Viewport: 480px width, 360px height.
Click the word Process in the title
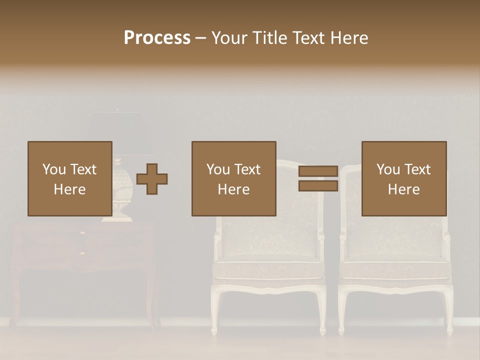click(x=157, y=38)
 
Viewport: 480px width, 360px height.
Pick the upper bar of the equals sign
click(x=318, y=171)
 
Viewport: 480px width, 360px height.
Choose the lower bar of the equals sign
click(x=318, y=186)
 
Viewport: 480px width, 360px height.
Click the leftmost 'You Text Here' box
click(x=69, y=178)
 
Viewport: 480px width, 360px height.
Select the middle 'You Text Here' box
click(x=233, y=178)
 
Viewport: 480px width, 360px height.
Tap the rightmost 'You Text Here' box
click(x=403, y=178)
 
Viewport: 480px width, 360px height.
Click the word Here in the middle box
click(x=233, y=189)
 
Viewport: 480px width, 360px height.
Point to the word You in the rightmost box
click(x=388, y=169)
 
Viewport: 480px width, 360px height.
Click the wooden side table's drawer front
click(x=83, y=245)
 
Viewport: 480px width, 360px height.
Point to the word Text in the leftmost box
click(x=82, y=169)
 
